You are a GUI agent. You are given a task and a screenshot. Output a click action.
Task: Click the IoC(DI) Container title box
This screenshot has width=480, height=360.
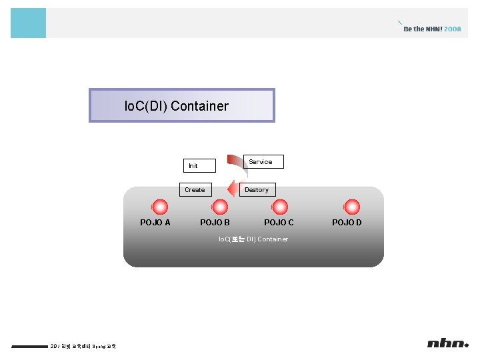pos(181,105)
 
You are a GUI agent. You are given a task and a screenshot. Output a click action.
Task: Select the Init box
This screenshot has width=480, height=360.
pos(199,165)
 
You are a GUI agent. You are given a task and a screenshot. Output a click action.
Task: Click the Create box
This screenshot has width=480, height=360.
pos(195,189)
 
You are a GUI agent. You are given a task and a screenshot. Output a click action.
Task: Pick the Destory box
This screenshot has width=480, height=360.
pos(257,189)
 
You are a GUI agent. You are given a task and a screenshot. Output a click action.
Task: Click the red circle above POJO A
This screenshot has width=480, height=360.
pos(160,208)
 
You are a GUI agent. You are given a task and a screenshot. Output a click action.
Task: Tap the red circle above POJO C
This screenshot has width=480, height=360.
pos(279,208)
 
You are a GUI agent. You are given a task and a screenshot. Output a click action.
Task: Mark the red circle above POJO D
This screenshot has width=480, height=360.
pos(351,208)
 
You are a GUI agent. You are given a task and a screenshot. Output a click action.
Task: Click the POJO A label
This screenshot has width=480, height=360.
pos(155,223)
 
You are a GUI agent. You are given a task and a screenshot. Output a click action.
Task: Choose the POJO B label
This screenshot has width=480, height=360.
pos(215,223)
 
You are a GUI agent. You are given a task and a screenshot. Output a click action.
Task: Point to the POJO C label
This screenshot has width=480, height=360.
pos(279,223)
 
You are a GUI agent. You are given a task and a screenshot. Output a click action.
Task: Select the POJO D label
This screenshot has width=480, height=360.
pos(347,223)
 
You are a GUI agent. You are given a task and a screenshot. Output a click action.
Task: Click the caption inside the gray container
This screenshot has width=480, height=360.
pos(253,239)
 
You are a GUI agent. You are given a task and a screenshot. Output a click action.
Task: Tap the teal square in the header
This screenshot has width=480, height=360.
pos(28,23)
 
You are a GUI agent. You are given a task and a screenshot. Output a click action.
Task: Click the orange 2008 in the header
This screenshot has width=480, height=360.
pos(453,29)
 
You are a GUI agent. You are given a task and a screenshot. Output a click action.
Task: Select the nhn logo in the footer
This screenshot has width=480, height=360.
pos(447,343)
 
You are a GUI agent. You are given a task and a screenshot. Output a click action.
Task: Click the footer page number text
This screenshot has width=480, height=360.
pos(83,346)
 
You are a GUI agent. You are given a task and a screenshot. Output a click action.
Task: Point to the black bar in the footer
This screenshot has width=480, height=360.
pos(29,346)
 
